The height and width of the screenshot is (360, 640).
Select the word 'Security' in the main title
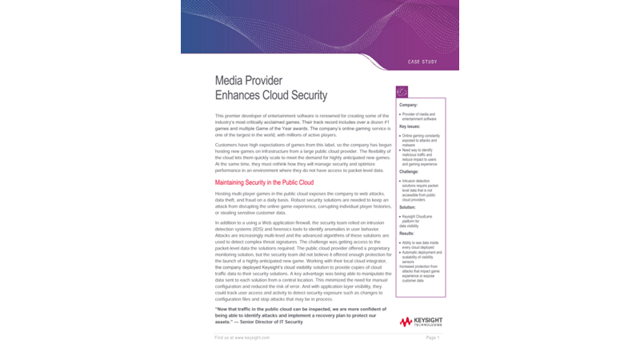(302, 95)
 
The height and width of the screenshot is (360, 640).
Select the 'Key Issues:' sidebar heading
(410, 126)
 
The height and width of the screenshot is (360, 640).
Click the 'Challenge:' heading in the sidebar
(410, 172)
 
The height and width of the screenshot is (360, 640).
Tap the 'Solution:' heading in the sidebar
(409, 206)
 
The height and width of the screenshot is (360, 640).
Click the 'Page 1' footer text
(433, 338)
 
